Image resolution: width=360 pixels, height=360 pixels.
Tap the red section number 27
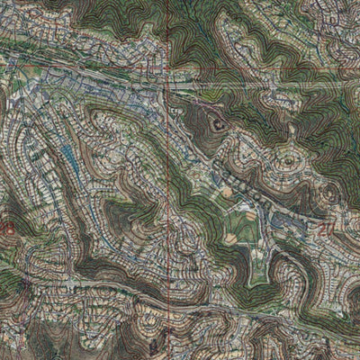[x=325, y=229]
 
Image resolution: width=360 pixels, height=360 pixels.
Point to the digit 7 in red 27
[x=329, y=229]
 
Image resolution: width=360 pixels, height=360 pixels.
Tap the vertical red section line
[x=168, y=180]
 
